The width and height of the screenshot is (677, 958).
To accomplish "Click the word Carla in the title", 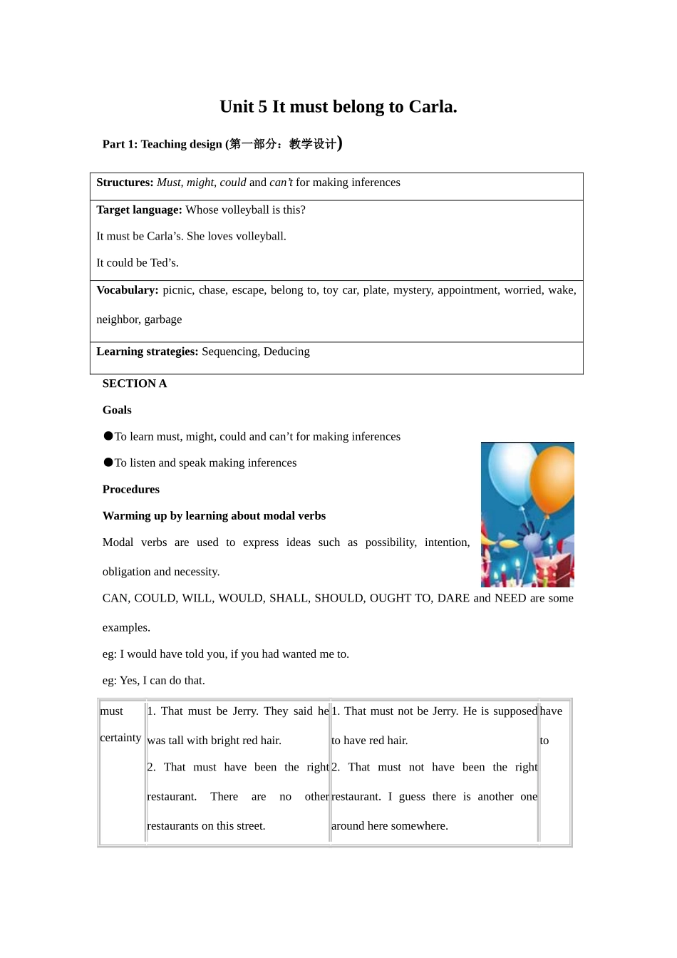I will [430, 107].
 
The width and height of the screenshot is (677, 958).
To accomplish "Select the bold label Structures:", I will [125, 182].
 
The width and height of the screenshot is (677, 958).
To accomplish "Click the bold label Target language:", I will [139, 210].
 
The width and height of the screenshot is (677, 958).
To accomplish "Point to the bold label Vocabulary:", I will [128, 290].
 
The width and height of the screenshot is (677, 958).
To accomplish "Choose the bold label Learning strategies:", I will [147, 351].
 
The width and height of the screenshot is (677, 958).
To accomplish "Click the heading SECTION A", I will [135, 383].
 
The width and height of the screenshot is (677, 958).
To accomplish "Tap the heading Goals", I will [117, 410].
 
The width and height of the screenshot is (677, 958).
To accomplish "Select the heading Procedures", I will [131, 489].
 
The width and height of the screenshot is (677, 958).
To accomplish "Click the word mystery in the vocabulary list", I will [412, 290].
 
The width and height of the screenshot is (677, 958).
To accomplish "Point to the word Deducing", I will [286, 351].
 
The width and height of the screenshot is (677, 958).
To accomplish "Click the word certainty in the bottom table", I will [120, 738].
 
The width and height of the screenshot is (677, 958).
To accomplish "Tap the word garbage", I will [163, 319].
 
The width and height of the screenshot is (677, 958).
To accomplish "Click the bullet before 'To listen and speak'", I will [108, 462].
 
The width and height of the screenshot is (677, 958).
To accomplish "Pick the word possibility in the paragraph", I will [391, 542].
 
